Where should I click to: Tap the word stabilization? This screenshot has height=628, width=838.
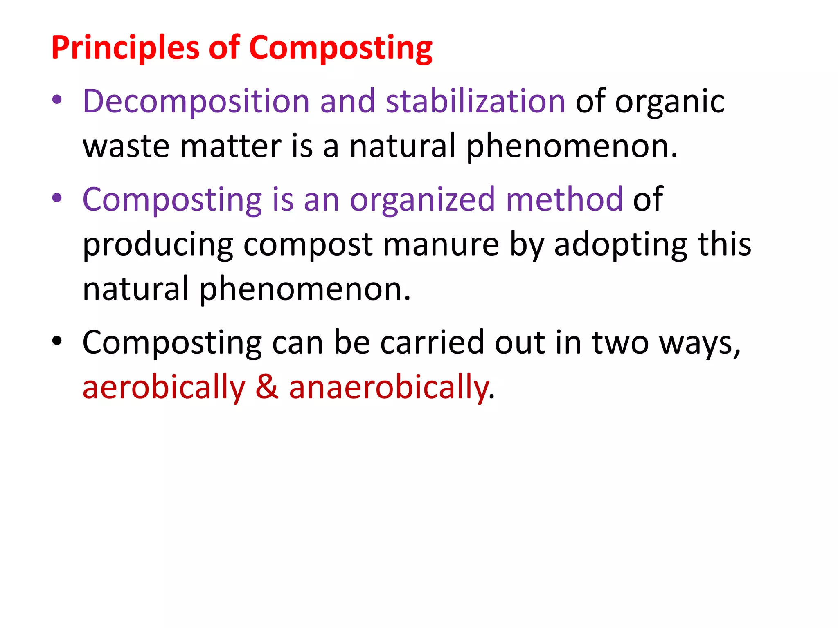pyautogui.click(x=475, y=101)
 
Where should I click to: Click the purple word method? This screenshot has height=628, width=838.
pyautogui.click(x=564, y=200)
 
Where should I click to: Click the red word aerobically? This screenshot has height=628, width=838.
pyautogui.click(x=164, y=388)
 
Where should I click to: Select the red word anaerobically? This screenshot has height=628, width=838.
pyautogui.click(x=389, y=388)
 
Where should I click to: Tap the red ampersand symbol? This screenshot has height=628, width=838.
pyautogui.click(x=267, y=388)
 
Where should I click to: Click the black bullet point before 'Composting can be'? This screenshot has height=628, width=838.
pyautogui.click(x=57, y=341)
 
